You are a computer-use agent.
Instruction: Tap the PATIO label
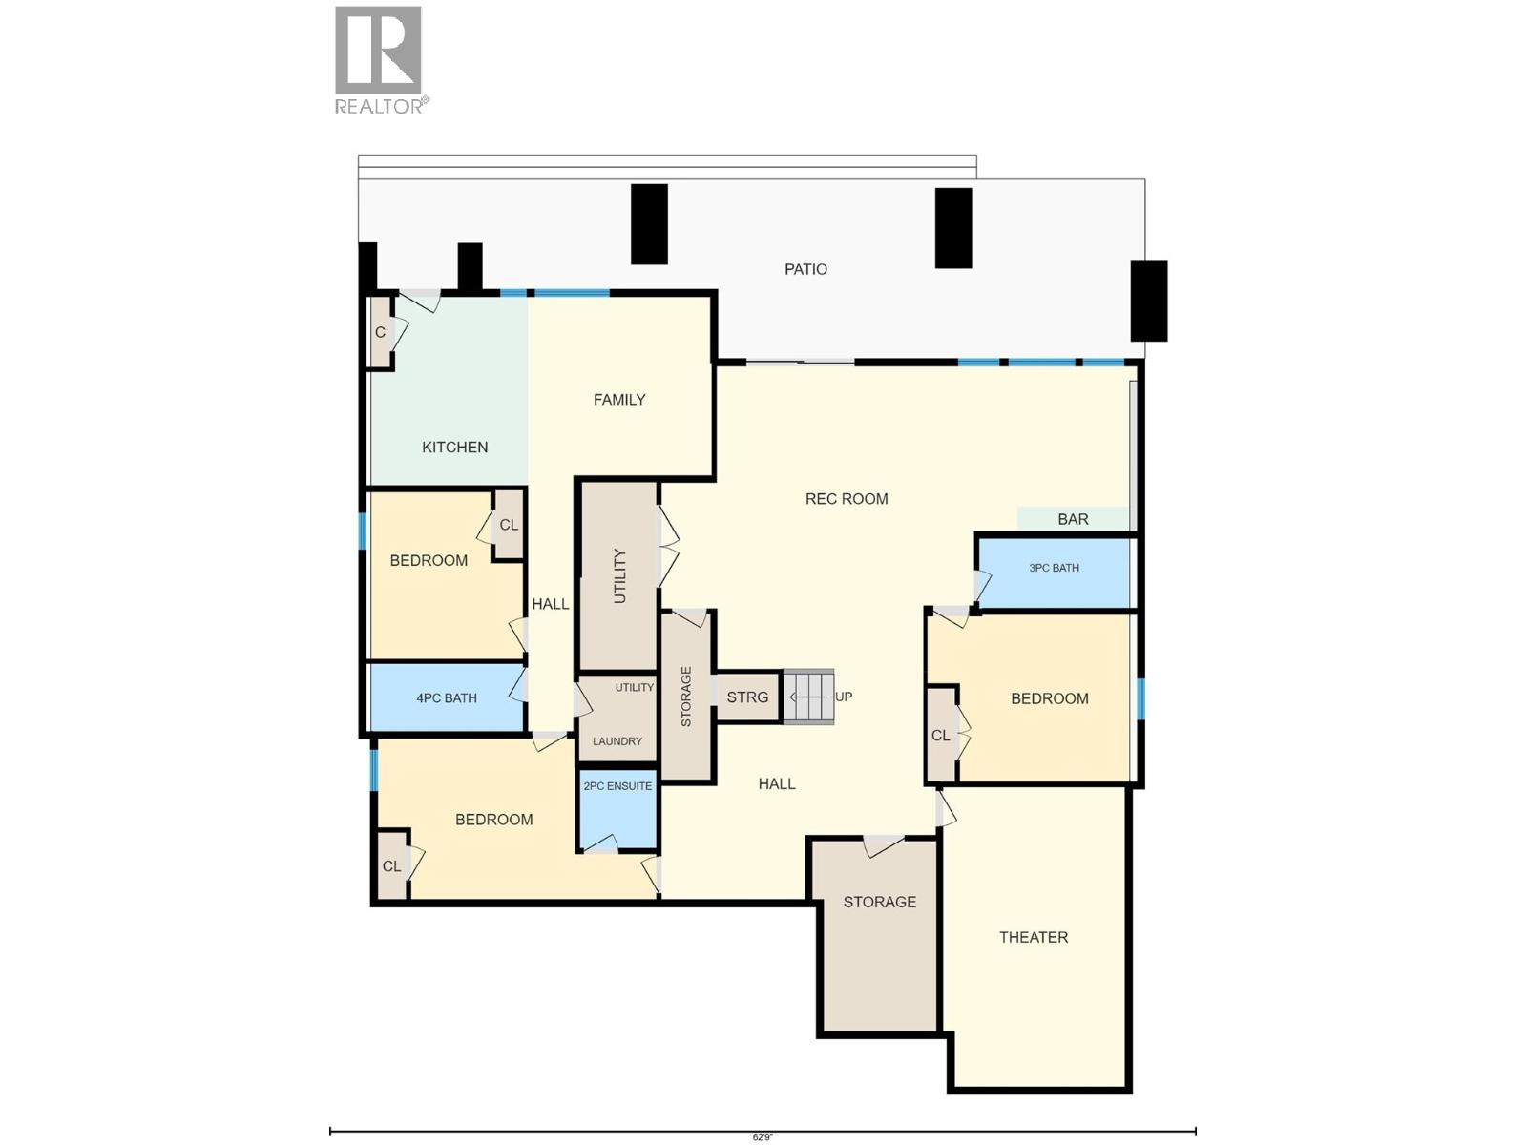pos(805,269)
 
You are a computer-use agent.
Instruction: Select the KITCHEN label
pos(454,447)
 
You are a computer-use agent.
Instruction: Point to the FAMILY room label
pos(619,400)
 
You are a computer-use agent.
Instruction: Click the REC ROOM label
pos(846,498)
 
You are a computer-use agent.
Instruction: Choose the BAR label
pos(1073,519)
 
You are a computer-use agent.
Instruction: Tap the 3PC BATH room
pos(1054,573)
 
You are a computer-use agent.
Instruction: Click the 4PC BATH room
pos(446,697)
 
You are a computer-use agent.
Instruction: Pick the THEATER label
pos(1033,937)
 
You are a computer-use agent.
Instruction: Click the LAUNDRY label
pos(617,741)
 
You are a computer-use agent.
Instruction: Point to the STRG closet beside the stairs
pos(747,697)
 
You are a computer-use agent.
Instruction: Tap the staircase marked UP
pos(808,697)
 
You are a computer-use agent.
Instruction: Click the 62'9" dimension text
pos(763,1137)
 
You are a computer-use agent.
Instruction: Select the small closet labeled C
pos(381,332)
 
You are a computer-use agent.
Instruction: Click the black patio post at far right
pos(1148,301)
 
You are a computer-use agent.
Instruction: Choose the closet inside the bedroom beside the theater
pos(941,735)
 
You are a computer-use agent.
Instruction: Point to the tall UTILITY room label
pos(619,576)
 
